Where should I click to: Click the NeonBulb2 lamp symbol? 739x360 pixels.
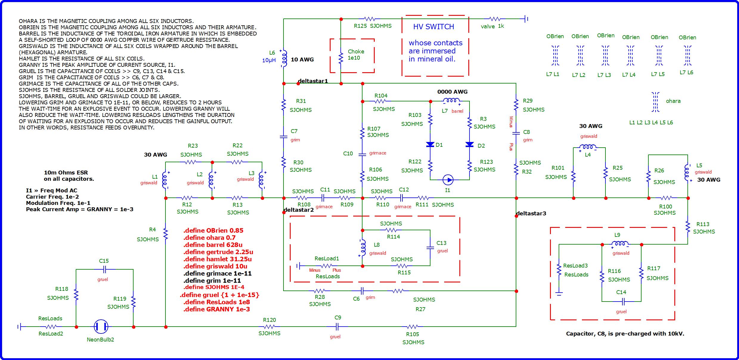[101, 327]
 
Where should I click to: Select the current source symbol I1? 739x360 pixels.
[448, 180]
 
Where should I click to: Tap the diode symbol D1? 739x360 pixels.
[430, 145]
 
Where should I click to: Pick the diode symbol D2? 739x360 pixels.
[470, 145]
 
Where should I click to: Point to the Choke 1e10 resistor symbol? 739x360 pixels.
[341, 58]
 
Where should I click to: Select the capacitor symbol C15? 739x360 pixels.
[104, 269]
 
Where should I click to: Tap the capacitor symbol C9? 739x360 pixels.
[337, 327]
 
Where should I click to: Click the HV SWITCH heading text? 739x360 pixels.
[433, 27]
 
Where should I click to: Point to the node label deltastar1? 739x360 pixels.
[313, 81]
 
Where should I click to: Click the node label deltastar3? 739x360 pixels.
[531, 213]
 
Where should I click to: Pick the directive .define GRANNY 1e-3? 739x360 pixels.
[217, 309]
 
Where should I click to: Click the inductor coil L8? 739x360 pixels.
[362, 248]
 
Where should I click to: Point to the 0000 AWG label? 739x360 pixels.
[452, 92]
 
